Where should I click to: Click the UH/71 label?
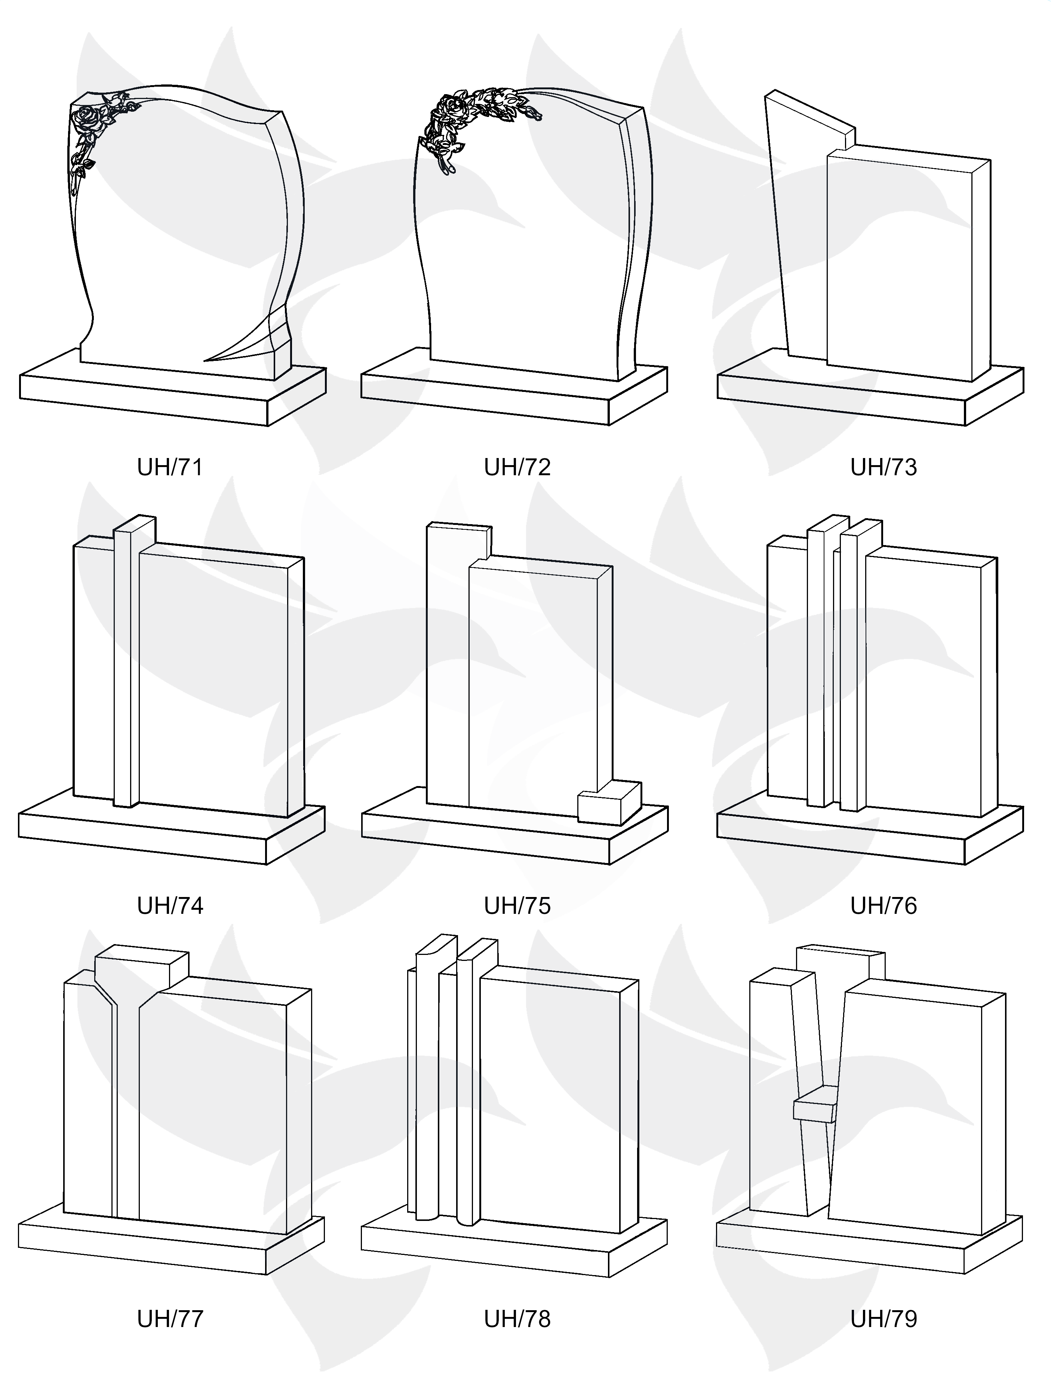point(170,467)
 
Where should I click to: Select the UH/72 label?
point(517,467)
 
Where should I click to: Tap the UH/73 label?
point(883,467)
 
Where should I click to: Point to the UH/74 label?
point(170,906)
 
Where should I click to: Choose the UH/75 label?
point(517,906)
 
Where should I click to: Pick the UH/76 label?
point(883,906)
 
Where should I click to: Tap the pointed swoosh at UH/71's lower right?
point(250,338)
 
